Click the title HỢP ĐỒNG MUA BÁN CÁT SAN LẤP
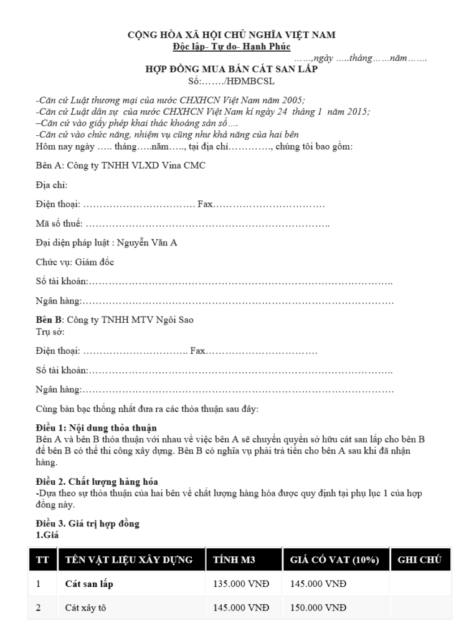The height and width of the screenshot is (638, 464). pyautogui.click(x=232, y=69)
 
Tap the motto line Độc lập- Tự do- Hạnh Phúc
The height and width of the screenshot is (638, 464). pyautogui.click(x=232, y=46)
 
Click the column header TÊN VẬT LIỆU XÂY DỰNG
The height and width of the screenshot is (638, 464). pyautogui.click(x=130, y=559)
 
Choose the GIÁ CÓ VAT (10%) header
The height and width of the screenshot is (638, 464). pyautogui.click(x=334, y=559)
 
